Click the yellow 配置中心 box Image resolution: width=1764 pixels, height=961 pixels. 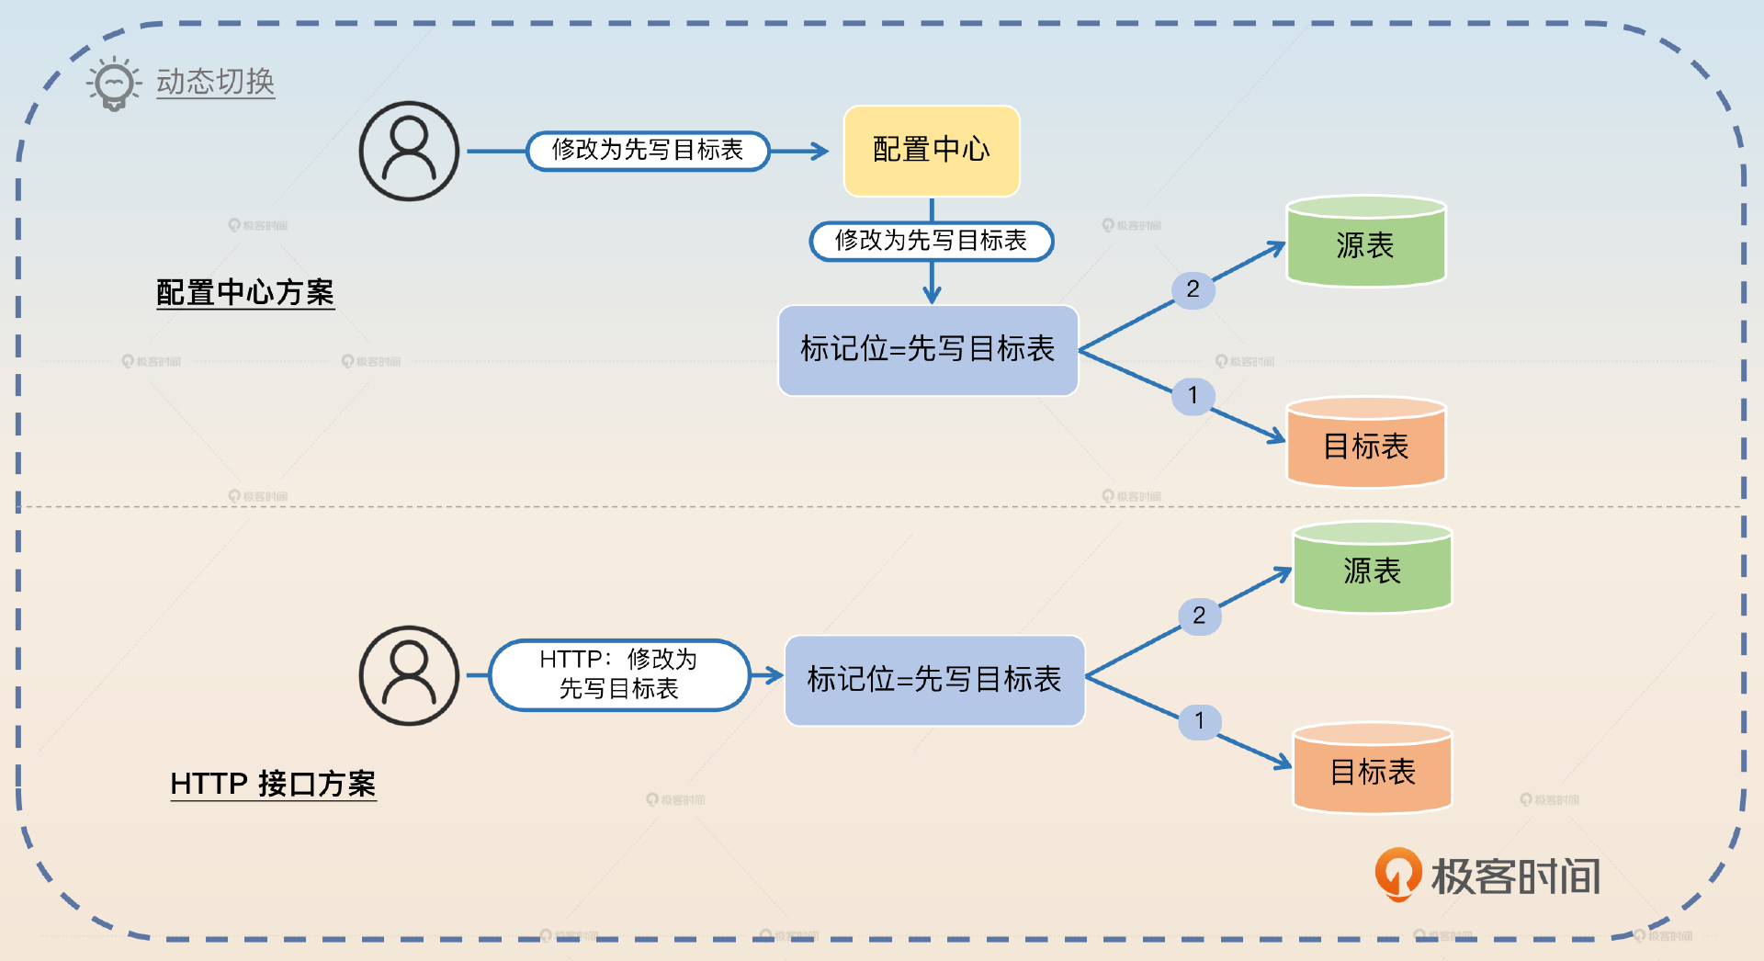pyautogui.click(x=931, y=151)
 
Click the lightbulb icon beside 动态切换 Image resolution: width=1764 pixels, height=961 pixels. pyautogui.click(x=114, y=84)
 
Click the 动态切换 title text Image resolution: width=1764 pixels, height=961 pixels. pyautogui.click(x=215, y=82)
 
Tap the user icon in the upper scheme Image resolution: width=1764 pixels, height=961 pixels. pyautogui.click(x=409, y=152)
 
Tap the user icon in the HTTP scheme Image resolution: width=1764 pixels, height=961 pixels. pyautogui.click(x=409, y=676)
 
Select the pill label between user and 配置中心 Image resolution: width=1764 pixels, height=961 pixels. pyautogui.click(x=647, y=151)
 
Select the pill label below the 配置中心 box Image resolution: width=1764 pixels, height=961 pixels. pyautogui.click(x=931, y=241)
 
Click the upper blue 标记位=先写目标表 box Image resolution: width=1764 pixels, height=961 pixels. pyautogui.click(x=927, y=350)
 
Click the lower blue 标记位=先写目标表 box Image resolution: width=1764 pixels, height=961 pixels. pyautogui.click(x=933, y=681)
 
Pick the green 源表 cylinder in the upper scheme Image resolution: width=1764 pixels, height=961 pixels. pyautogui.click(x=1365, y=243)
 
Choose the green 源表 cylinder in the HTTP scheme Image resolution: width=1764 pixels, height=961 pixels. pyautogui.click(x=1372, y=569)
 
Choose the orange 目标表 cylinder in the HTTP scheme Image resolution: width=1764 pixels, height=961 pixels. pyautogui.click(x=1372, y=769)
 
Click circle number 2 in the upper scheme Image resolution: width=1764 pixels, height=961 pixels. pyautogui.click(x=1193, y=289)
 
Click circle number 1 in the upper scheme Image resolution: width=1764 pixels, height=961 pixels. pyautogui.click(x=1193, y=396)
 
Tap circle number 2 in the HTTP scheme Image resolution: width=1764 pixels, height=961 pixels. pyautogui.click(x=1199, y=616)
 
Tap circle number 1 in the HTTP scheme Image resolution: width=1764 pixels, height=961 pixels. pyautogui.click(x=1199, y=721)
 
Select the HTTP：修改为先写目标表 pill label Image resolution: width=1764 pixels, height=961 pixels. pyautogui.click(x=618, y=675)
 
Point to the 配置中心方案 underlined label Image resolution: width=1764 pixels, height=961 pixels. pyautogui.click(x=244, y=293)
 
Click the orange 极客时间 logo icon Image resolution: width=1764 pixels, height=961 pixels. pyautogui.click(x=1397, y=874)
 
